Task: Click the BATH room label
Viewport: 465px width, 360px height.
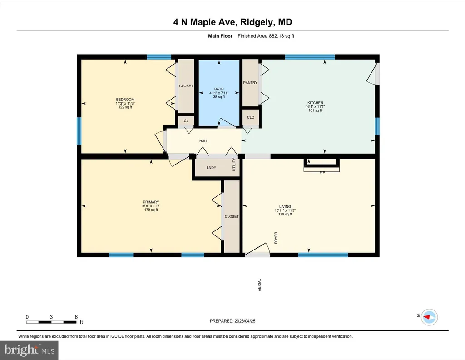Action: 219,89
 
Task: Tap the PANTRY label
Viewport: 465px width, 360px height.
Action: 250,83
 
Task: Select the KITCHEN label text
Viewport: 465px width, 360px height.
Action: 315,103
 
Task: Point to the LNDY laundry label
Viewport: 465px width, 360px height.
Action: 212,168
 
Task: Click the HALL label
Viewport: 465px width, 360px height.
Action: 204,141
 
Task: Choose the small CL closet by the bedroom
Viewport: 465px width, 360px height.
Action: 186,121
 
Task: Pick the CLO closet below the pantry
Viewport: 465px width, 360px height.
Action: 251,117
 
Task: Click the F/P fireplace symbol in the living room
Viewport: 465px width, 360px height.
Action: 322,165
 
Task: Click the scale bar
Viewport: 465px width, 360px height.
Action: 51,322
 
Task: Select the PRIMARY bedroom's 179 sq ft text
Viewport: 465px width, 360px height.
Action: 151,210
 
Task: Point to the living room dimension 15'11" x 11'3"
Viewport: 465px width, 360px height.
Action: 285,210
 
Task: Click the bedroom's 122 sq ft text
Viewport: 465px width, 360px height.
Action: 125,107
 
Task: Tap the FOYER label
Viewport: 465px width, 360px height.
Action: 276,238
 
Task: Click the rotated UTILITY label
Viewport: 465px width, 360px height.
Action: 234,165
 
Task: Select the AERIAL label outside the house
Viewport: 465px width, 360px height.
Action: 259,285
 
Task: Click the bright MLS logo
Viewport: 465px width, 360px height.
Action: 29,350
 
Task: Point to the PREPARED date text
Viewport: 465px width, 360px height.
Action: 232,321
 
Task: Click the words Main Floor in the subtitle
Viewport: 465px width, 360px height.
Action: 220,36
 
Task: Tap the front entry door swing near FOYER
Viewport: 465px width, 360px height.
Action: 257,249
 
